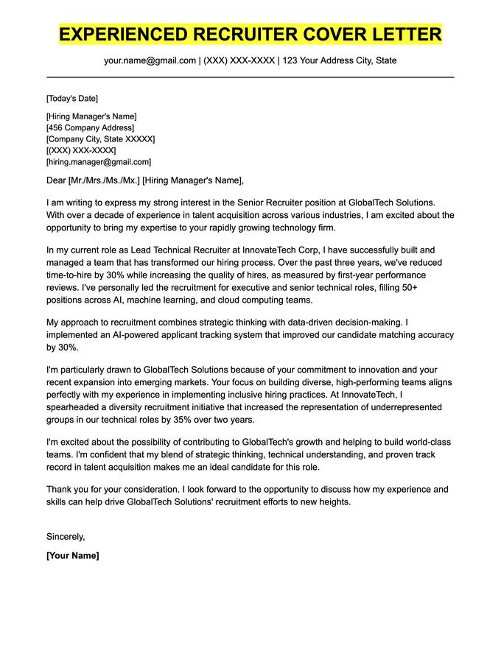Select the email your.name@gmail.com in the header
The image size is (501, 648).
pos(150,60)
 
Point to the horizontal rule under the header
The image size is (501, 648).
pos(251,77)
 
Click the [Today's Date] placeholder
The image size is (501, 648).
pos(71,99)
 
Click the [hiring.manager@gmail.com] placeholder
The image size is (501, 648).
pos(98,162)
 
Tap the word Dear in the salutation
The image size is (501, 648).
pos(56,180)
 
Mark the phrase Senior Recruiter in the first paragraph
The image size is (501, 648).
pos(274,202)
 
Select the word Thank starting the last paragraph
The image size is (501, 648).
pos(60,490)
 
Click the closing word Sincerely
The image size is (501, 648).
pos(65,537)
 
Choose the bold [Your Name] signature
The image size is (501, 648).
pos(72,556)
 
